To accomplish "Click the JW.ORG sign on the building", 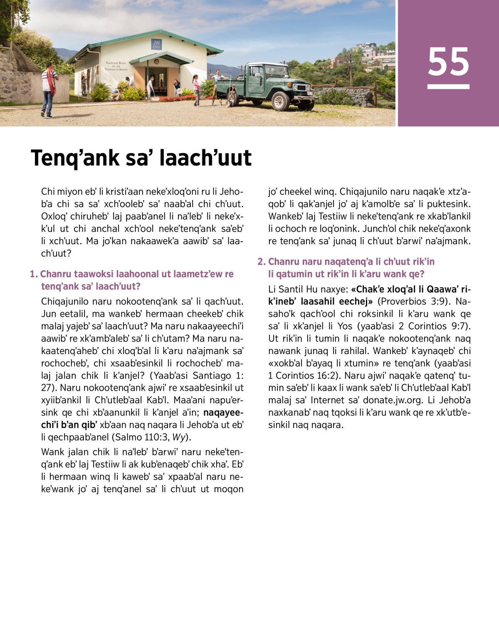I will (x=156, y=44).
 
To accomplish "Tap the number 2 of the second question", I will (x=261, y=262).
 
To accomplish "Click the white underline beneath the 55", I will (x=448, y=87).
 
